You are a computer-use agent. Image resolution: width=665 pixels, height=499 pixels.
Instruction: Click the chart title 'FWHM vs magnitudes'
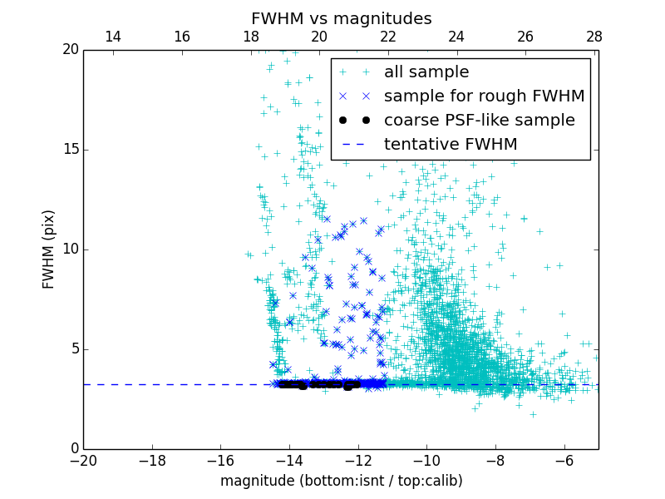341,18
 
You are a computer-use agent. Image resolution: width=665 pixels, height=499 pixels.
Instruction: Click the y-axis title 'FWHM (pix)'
49,249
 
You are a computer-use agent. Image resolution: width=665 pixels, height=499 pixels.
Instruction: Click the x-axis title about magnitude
341,481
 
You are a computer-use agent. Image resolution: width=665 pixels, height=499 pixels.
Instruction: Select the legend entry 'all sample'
426,72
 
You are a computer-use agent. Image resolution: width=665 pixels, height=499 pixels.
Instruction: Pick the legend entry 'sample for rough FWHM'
484,96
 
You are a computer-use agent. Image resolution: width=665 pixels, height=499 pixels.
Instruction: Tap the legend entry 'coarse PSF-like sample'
479,121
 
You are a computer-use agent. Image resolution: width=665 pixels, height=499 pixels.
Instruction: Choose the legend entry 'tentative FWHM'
451,145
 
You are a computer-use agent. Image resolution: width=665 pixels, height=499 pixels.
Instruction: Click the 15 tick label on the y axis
70,150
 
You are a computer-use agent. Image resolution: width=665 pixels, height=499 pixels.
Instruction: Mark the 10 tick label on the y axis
70,249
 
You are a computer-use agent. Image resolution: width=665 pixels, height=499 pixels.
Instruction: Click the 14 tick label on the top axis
113,37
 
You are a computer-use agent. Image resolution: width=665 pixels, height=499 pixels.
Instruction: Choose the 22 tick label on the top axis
388,37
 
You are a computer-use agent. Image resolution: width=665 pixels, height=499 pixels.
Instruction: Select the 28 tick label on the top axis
594,37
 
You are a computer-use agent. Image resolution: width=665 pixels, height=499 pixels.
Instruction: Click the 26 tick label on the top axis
525,37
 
